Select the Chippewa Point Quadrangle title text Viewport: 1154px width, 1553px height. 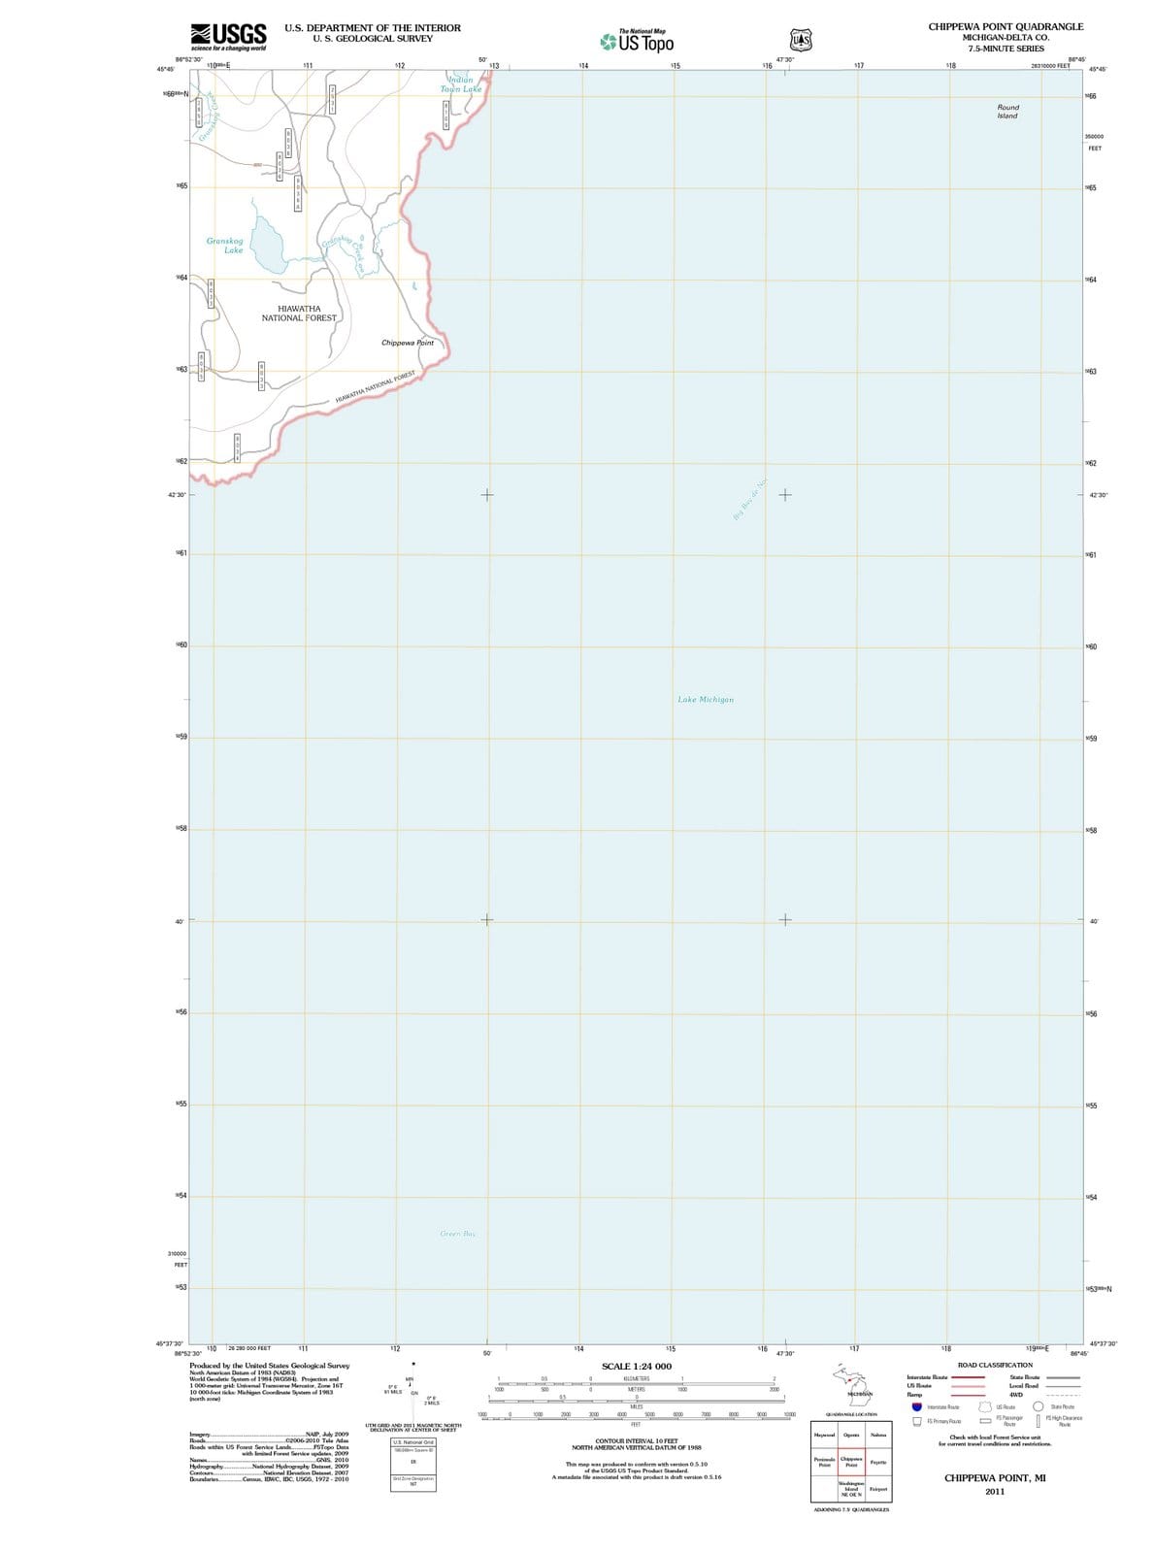click(1006, 27)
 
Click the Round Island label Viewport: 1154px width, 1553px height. click(1007, 112)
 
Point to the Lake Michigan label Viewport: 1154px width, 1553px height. click(706, 700)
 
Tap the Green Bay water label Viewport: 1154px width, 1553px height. click(458, 1234)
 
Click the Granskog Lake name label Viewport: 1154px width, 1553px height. click(225, 246)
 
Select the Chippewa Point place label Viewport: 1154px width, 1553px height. click(408, 343)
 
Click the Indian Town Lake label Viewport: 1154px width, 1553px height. click(461, 84)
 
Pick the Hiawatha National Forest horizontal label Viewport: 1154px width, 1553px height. click(299, 314)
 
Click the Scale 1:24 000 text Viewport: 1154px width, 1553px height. click(636, 1367)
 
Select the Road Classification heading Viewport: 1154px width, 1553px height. click(995, 1366)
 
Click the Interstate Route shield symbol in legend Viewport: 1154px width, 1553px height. click(916, 1406)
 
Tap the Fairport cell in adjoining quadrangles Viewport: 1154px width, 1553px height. click(877, 1489)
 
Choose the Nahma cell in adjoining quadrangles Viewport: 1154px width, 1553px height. click(877, 1435)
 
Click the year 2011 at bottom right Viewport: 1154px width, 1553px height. click(995, 1492)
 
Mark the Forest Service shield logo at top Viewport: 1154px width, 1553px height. click(800, 41)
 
